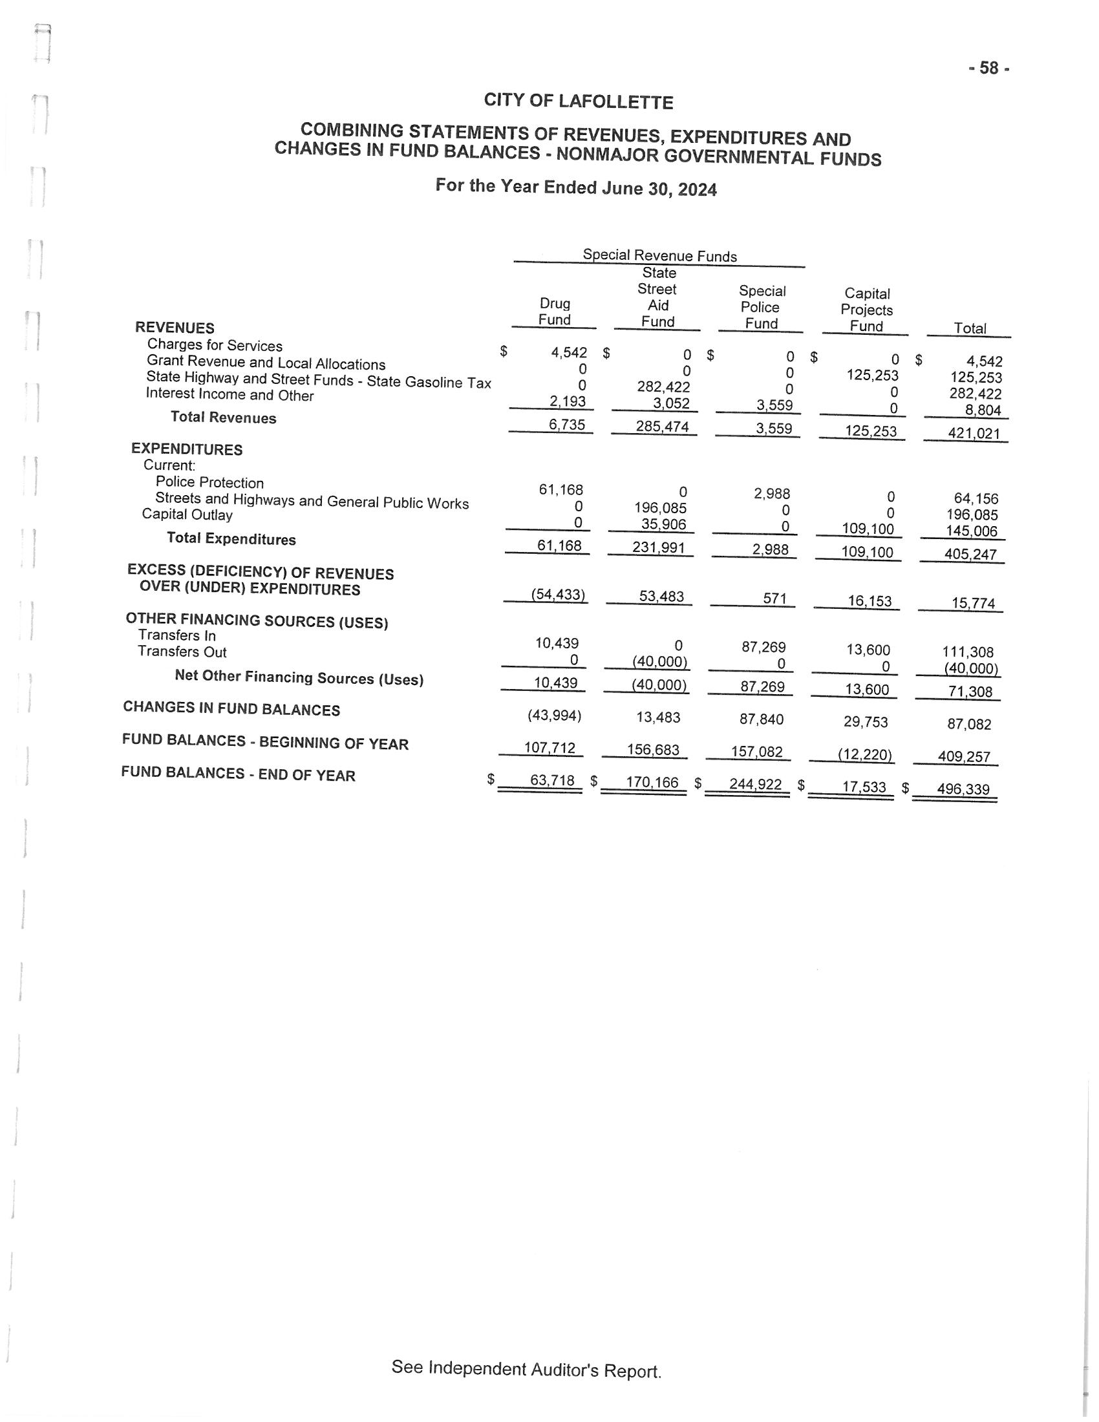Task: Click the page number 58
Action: (989, 69)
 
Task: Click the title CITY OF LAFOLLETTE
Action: (578, 101)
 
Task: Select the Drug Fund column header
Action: (555, 312)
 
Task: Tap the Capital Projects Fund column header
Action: (866, 310)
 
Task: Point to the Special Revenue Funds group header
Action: (659, 256)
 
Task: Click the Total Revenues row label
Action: (223, 418)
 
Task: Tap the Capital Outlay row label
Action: (187, 515)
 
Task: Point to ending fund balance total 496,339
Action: (963, 789)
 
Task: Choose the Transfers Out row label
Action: (182, 652)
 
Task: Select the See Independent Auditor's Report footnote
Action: (526, 1369)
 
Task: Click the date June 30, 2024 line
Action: (575, 187)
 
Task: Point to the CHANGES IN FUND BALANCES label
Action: (231, 708)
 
